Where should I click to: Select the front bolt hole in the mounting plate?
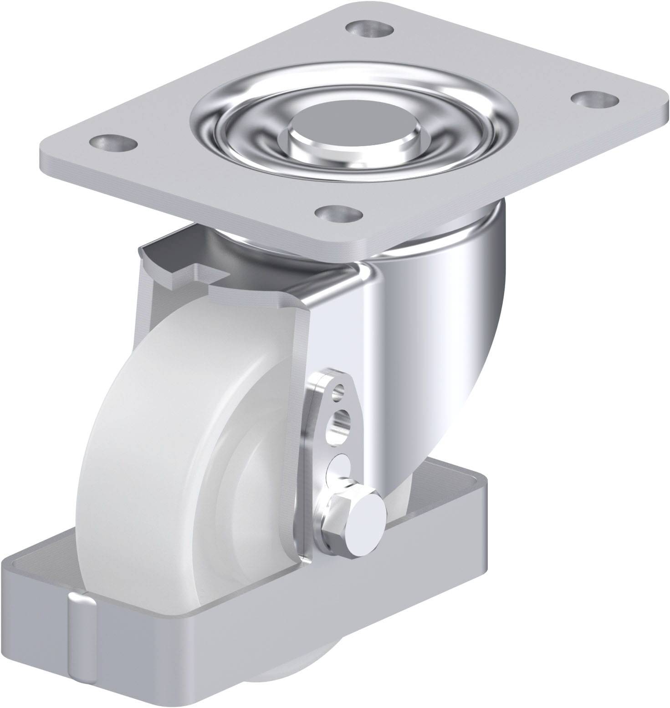[x=340, y=213]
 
